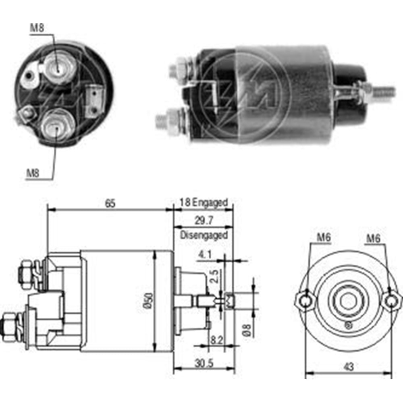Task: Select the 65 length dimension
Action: (x=110, y=204)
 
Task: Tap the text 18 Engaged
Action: (x=204, y=202)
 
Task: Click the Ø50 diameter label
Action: (x=148, y=301)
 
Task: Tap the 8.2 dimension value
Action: (x=215, y=340)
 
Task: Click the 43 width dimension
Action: (x=349, y=367)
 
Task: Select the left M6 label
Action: (x=323, y=238)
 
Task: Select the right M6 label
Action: (x=374, y=238)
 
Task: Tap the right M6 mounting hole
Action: (x=391, y=300)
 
